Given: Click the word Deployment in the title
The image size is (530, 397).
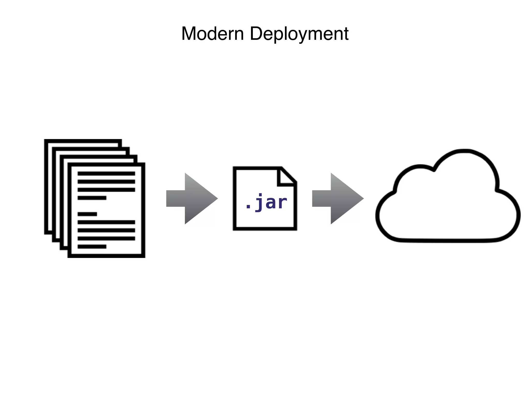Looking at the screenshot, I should tap(299, 34).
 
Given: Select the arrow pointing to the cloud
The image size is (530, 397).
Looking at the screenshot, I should tap(338, 198).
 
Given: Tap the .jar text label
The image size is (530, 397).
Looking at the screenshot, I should tap(266, 202).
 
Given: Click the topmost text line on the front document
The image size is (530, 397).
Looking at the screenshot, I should tap(106, 173).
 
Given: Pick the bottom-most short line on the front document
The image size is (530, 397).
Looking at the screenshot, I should tap(92, 247).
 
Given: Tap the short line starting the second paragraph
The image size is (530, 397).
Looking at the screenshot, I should tap(87, 214).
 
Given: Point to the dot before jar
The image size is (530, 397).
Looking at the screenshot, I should tap(248, 207).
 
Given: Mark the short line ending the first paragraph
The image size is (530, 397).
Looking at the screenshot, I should tap(92, 198).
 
